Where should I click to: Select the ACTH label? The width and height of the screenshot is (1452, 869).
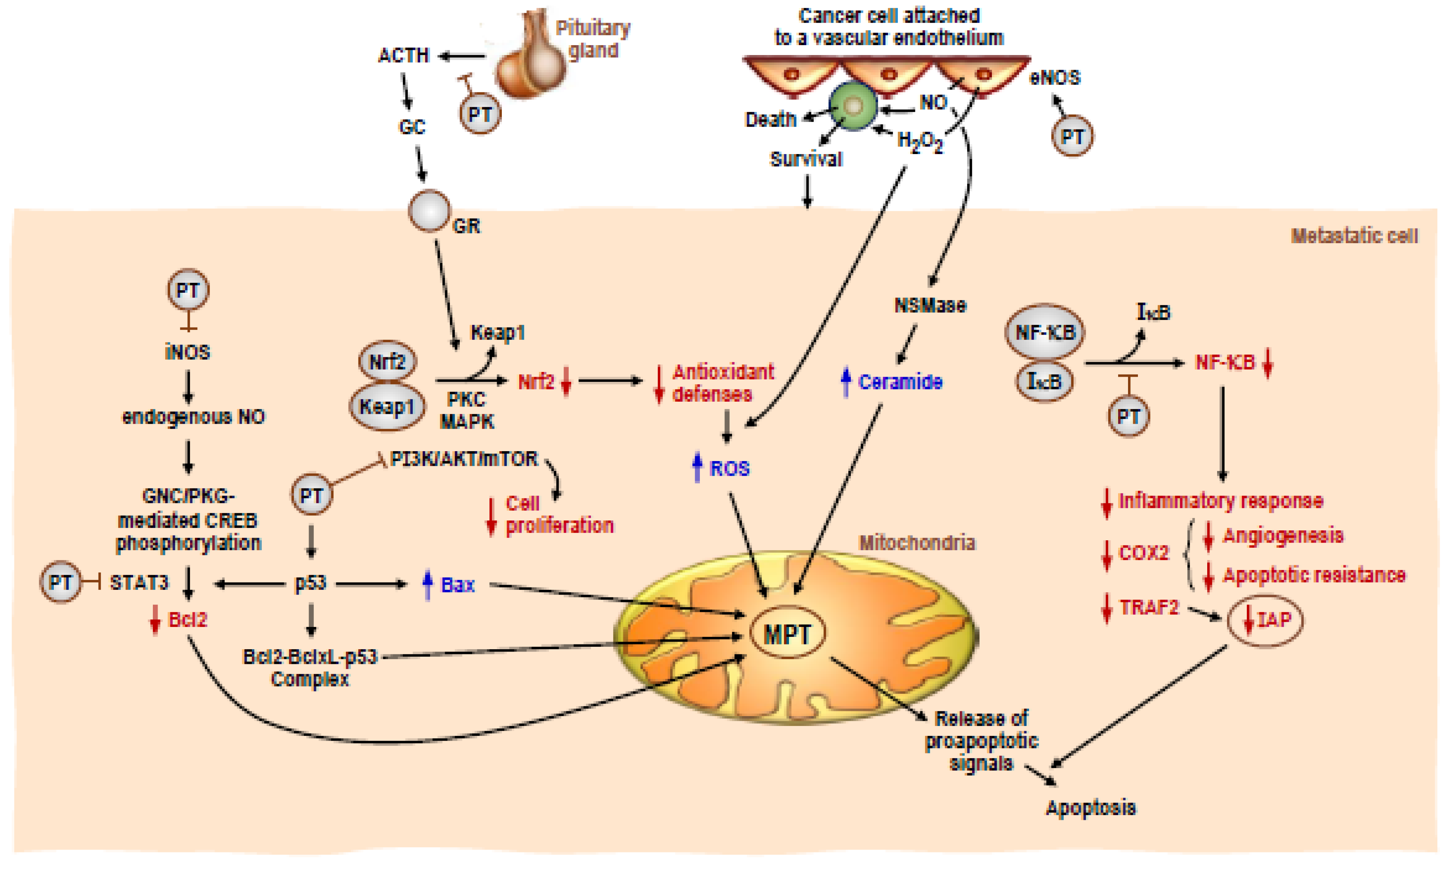tap(403, 55)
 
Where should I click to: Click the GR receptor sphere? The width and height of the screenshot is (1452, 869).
tap(430, 211)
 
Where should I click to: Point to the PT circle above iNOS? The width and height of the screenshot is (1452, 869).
tap(188, 290)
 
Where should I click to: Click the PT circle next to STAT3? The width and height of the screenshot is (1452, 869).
tap(60, 582)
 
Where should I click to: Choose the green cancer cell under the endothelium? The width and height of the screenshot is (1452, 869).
tap(853, 107)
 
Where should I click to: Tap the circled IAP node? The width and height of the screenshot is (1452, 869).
tap(1265, 619)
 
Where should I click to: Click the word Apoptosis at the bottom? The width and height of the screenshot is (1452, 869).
tap(1091, 808)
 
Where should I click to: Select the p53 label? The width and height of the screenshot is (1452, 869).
tap(310, 583)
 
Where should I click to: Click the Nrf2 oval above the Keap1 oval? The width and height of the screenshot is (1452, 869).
tap(387, 361)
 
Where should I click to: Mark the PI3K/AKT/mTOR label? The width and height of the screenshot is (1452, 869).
tap(464, 459)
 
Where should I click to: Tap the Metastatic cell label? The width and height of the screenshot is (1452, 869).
tap(1354, 236)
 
